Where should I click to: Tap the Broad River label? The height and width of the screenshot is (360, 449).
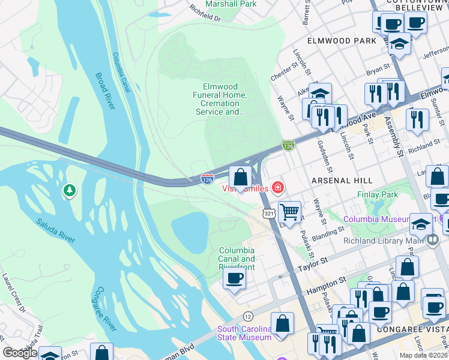tap(104, 91)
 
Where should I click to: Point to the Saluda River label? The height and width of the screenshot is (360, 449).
tap(55, 231)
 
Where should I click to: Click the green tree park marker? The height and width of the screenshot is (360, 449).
tap(70, 191)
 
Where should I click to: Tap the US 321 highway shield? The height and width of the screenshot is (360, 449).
tap(269, 213)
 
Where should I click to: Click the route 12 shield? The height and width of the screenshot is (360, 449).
tap(247, 316)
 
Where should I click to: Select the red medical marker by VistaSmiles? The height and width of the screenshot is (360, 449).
tap(277, 188)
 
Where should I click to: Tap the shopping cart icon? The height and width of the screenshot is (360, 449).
tap(289, 211)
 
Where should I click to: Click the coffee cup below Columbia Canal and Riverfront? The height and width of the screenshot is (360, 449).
tap(234, 277)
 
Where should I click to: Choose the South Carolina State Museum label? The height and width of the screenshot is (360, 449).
tap(244, 333)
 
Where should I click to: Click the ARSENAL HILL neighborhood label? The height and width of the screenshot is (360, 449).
tap(342, 180)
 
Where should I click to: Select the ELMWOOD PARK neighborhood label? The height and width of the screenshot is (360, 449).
tap(341, 41)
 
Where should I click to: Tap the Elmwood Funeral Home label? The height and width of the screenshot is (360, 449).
tap(220, 99)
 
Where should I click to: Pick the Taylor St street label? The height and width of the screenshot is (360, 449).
tap(314, 262)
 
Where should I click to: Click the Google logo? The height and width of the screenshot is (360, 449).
tap(20, 353)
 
